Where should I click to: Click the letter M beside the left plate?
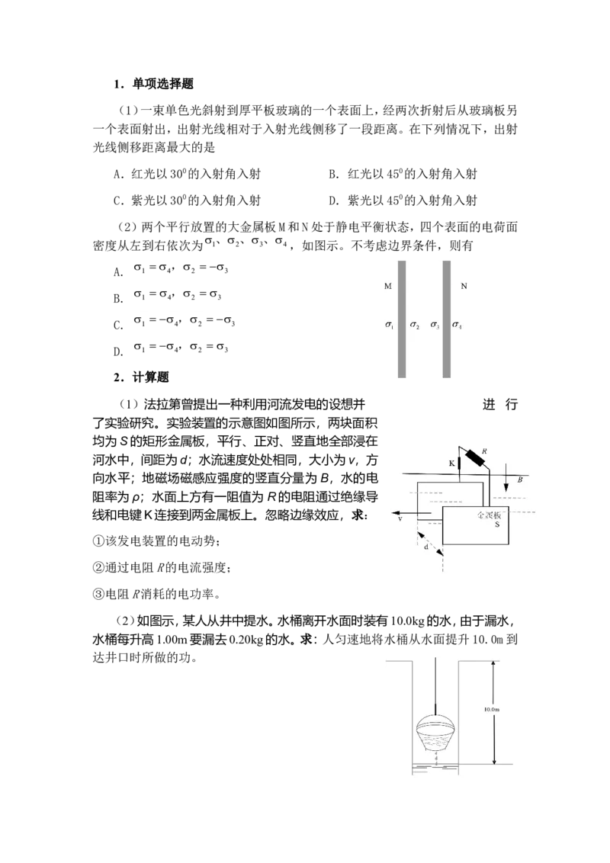(x=388, y=287)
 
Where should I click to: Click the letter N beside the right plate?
(x=464, y=287)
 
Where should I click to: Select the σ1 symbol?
(x=389, y=326)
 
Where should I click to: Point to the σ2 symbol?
(x=414, y=326)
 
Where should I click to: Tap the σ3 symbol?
(x=435, y=326)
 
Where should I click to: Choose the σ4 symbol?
(x=457, y=326)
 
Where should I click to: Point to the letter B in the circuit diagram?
(x=519, y=480)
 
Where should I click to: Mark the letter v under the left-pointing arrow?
(x=400, y=518)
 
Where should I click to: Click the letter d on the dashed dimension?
(x=425, y=547)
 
